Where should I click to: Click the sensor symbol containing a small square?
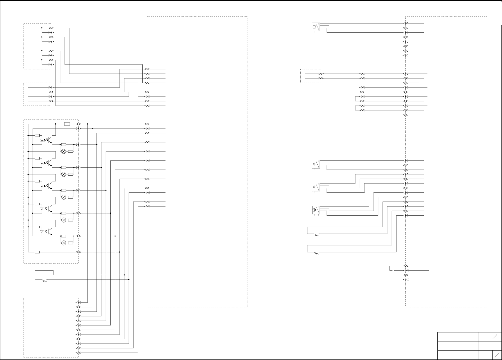(315, 27)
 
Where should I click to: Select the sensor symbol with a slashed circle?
(315, 210)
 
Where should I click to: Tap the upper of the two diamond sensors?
(315, 164)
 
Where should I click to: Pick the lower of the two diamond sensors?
(315, 187)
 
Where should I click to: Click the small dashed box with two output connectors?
(311, 76)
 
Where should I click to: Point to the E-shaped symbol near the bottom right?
(391, 268)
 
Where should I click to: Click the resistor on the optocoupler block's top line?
(67, 124)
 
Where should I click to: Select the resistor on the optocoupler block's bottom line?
(37, 252)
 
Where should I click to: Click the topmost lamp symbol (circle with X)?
(64, 151)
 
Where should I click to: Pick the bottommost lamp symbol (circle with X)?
(64, 243)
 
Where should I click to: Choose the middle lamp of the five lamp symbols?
(64, 197)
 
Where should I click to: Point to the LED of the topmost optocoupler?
(42, 140)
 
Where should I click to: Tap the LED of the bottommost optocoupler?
(42, 232)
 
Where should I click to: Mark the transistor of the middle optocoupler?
(49, 186)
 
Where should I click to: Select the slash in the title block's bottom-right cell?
(497, 355)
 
